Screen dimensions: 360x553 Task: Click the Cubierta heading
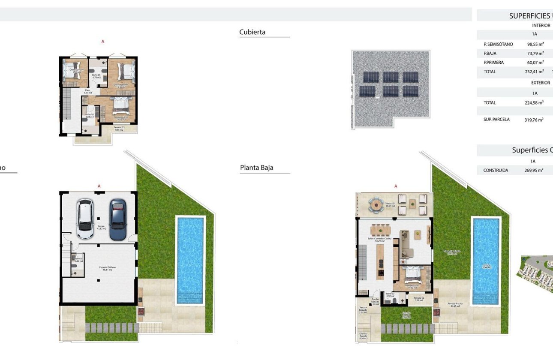tap(252, 32)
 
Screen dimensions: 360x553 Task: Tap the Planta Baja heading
tap(256, 168)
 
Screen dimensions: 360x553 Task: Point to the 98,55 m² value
tap(535, 44)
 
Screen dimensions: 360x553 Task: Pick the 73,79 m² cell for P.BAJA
tap(535, 54)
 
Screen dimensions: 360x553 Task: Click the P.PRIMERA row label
tap(493, 63)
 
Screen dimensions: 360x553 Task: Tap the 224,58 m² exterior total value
tap(534, 103)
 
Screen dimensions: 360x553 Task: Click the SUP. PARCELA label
tap(496, 120)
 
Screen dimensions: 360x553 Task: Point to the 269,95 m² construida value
tap(534, 171)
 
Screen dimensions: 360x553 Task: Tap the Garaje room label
tap(101, 226)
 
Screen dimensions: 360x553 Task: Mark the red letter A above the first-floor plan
tap(103, 42)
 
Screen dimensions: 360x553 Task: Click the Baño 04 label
tap(96, 75)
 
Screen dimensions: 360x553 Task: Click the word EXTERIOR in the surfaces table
tap(540, 83)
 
